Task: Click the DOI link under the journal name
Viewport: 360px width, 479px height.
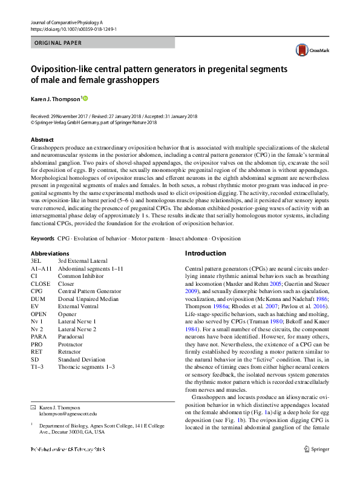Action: coord(73,29)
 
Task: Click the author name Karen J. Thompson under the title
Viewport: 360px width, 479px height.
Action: coord(55,99)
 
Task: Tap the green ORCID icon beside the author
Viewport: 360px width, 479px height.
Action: coord(85,98)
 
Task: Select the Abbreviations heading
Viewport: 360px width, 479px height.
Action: coord(49,253)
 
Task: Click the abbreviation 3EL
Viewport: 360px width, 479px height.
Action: coord(37,260)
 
